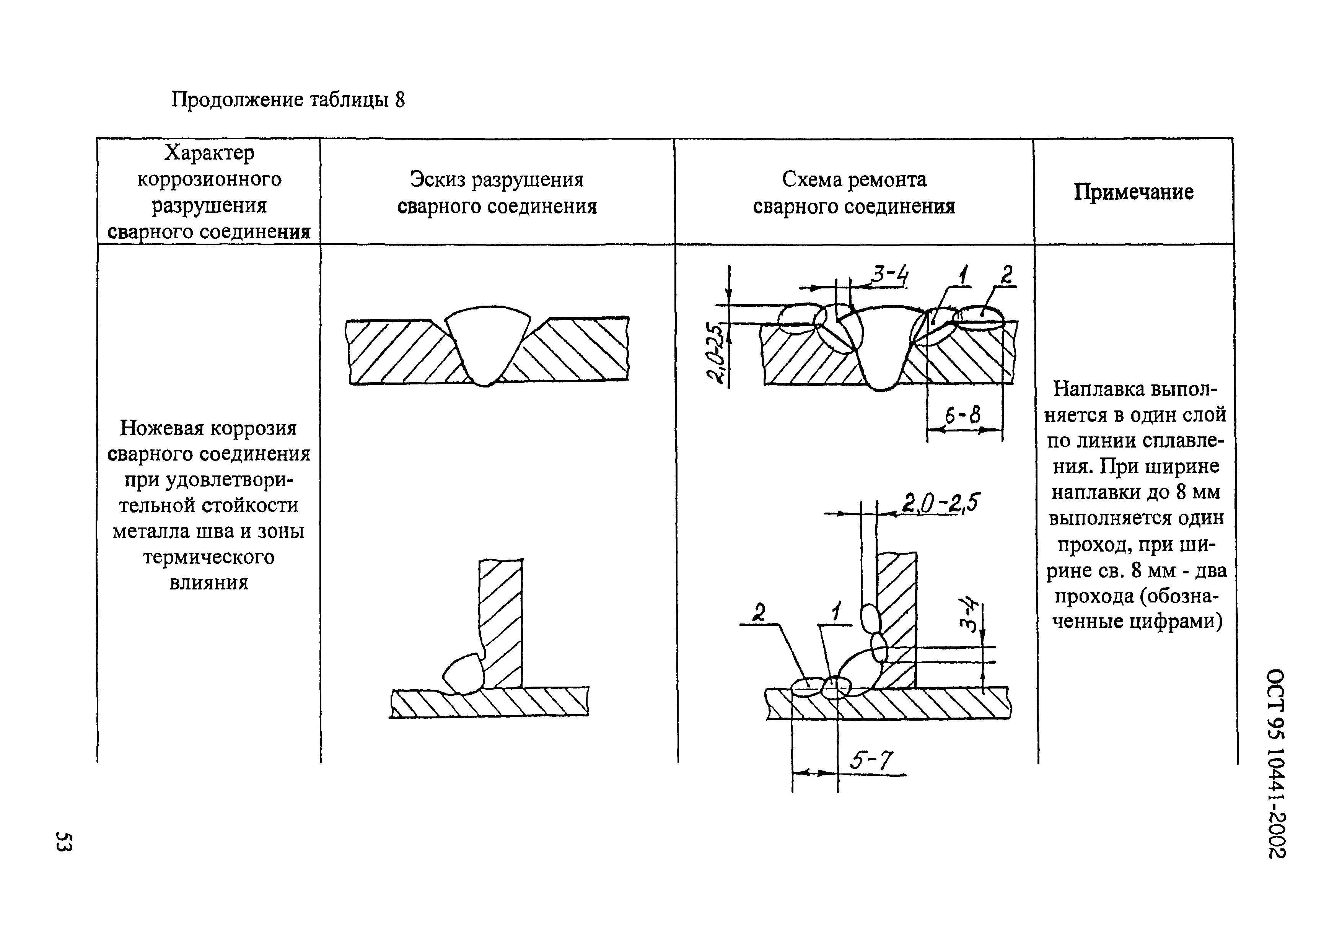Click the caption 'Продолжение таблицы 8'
click(x=288, y=100)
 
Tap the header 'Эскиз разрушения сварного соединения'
click(x=497, y=193)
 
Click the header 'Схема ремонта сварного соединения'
click(x=854, y=193)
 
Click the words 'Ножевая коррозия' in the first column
click(x=208, y=428)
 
